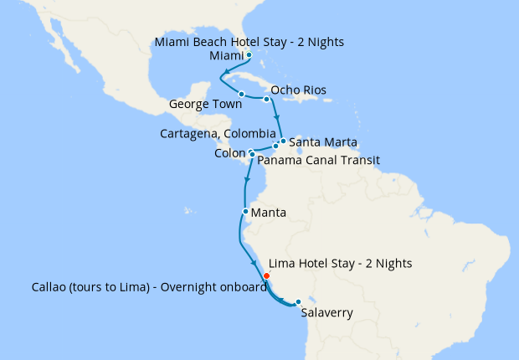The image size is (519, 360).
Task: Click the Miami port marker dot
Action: click(x=249, y=55)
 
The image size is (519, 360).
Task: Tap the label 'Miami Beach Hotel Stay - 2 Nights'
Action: click(x=249, y=41)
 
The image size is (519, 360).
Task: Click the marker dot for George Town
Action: click(x=241, y=94)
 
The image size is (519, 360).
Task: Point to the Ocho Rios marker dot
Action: click(x=267, y=100)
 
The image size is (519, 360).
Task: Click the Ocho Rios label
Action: click(x=299, y=90)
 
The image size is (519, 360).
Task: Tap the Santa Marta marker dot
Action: click(x=283, y=141)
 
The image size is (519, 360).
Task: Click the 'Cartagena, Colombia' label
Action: click(x=218, y=133)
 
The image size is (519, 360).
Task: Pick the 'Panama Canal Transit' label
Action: click(x=318, y=159)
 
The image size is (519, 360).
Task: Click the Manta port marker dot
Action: click(x=244, y=212)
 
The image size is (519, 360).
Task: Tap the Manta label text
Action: click(x=269, y=213)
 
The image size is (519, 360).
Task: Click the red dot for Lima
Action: click(x=266, y=275)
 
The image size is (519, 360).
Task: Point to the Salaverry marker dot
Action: click(x=298, y=302)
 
